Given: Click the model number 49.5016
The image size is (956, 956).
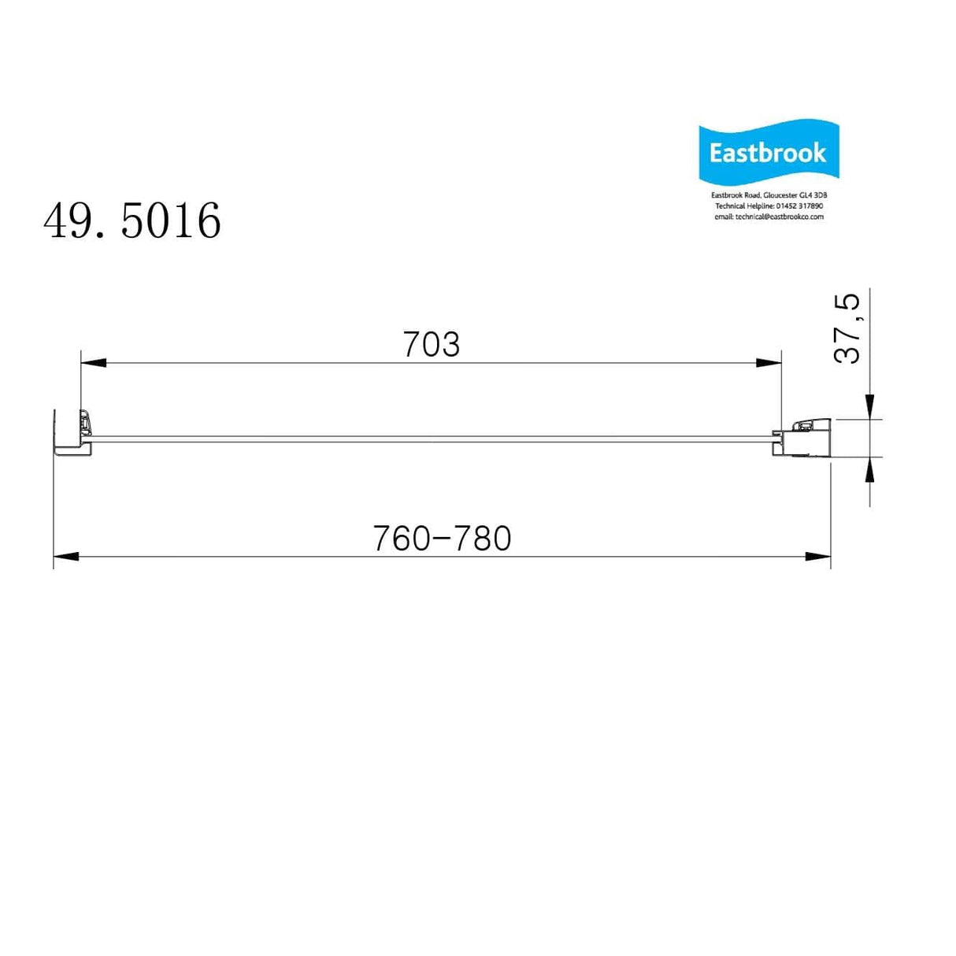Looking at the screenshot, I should click(x=132, y=220).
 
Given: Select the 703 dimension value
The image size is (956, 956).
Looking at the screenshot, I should click(x=431, y=345).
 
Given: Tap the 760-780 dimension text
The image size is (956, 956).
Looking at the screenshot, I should click(x=442, y=539).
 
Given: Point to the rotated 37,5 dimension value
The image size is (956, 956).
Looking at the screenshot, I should click(x=847, y=328).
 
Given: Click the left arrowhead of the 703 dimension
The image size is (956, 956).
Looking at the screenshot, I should click(x=93, y=363).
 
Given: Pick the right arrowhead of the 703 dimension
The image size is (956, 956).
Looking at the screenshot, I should click(x=769, y=363).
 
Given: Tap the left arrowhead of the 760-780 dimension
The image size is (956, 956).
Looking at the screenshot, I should click(x=66, y=557).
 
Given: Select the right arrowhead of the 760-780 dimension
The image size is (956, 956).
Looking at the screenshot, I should click(x=818, y=557).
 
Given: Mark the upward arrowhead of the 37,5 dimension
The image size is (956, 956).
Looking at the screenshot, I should click(x=869, y=469).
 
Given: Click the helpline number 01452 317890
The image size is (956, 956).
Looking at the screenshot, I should click(x=799, y=206).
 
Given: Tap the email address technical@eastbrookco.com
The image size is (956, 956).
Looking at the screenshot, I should click(x=779, y=217).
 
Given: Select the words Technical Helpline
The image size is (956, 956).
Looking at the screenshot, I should click(x=744, y=206).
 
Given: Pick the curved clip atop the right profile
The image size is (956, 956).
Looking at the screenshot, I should click(x=805, y=425).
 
